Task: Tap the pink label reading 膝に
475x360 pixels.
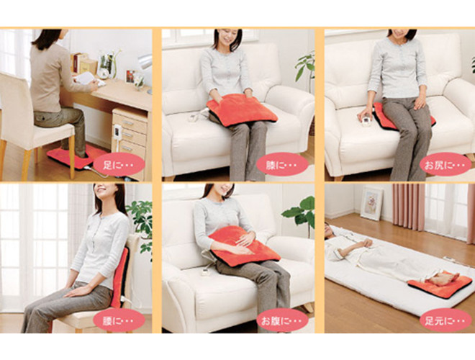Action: pos(282,164)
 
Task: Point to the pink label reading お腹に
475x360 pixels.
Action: pos(282,320)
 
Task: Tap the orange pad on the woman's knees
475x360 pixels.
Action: pos(241,110)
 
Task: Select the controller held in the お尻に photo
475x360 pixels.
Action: pos(365,119)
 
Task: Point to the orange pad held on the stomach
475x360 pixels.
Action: pos(244,246)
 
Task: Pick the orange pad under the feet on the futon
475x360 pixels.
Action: pos(440,284)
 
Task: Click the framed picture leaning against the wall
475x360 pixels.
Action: pos(371,202)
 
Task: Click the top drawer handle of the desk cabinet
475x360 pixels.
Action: pos(128,122)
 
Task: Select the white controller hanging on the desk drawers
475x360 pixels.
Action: pos(117,133)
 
